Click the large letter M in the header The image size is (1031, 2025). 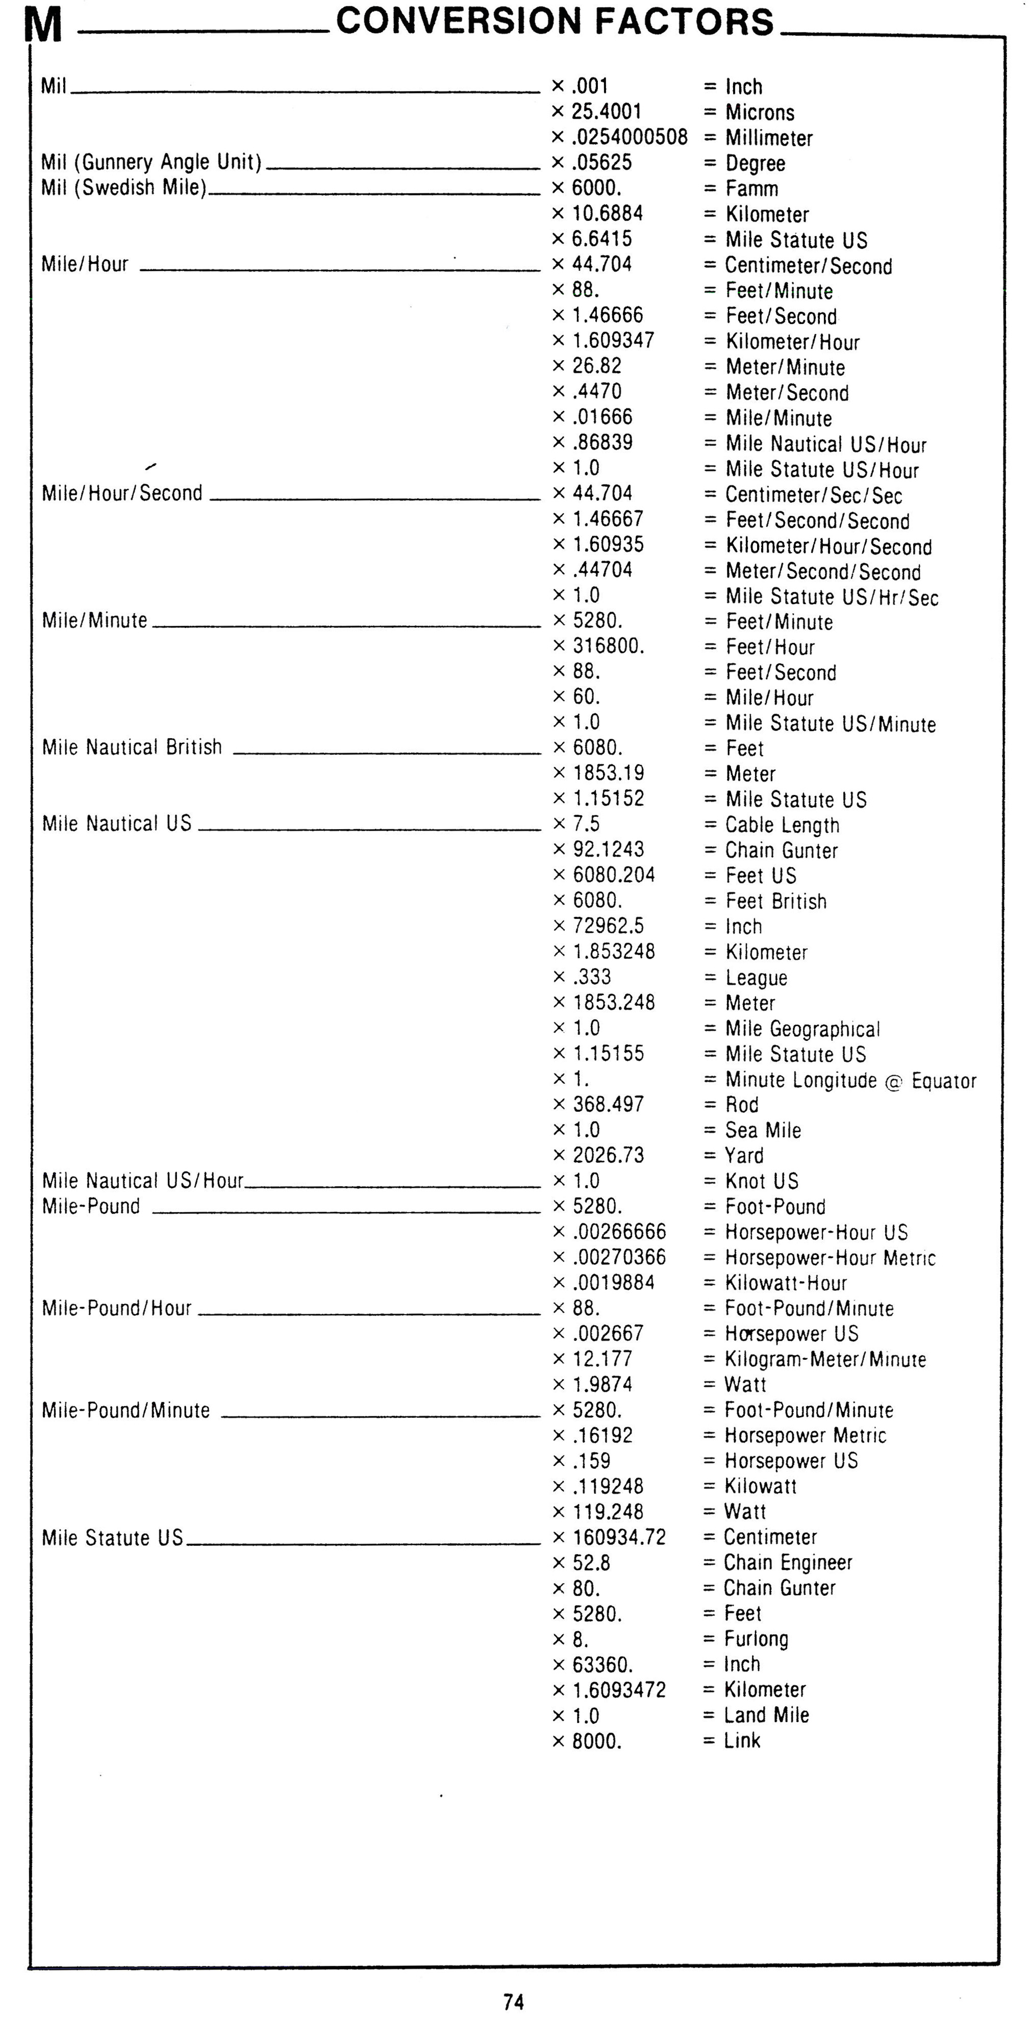(43, 25)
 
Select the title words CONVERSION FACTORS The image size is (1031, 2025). (555, 21)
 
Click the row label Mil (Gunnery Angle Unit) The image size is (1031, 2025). (151, 162)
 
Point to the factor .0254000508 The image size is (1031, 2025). (630, 137)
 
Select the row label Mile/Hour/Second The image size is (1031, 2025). (122, 493)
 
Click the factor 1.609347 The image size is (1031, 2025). (613, 340)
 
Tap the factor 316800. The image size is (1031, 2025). (608, 646)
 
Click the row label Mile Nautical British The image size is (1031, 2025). (132, 747)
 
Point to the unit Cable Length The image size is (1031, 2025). (782, 824)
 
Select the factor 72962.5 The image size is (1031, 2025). (608, 926)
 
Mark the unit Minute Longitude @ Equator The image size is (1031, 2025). (850, 1080)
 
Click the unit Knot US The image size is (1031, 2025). (762, 1181)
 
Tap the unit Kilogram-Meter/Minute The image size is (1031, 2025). (825, 1359)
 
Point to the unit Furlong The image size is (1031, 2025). (756, 1639)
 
